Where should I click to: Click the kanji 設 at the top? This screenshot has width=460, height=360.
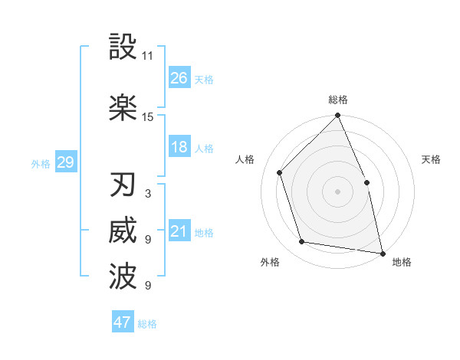pyautogui.click(x=123, y=47)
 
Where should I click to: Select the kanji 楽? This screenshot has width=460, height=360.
pyautogui.click(x=123, y=107)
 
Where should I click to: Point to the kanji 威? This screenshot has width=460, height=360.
pyautogui.click(x=123, y=231)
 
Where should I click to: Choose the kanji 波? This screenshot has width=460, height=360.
pyautogui.click(x=123, y=277)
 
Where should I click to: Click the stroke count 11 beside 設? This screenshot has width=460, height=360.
pyautogui.click(x=148, y=56)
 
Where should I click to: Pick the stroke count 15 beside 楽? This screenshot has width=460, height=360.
pyautogui.click(x=148, y=117)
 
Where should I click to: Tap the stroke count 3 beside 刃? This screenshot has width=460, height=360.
pyautogui.click(x=147, y=194)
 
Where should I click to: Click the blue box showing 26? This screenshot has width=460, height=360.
pyautogui.click(x=179, y=77)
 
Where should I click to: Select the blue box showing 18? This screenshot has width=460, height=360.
pyautogui.click(x=179, y=147)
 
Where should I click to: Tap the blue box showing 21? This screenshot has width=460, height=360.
pyautogui.click(x=179, y=231)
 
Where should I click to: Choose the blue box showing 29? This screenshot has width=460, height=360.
pyautogui.click(x=65, y=162)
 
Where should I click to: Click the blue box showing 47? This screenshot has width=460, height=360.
pyautogui.click(x=123, y=322)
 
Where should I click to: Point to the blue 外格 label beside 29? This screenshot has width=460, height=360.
pyautogui.click(x=41, y=163)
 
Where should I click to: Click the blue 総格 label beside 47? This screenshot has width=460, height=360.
pyautogui.click(x=147, y=324)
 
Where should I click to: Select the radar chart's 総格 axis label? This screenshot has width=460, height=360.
pyautogui.click(x=338, y=100)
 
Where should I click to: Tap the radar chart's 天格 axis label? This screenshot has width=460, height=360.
pyautogui.click(x=432, y=159)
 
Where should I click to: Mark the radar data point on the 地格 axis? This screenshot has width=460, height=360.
pyautogui.click(x=382, y=252)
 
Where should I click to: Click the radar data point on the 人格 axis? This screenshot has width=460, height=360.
pyautogui.click(x=280, y=172)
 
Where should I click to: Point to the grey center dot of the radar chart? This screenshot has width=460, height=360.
pyautogui.click(x=337, y=191)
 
